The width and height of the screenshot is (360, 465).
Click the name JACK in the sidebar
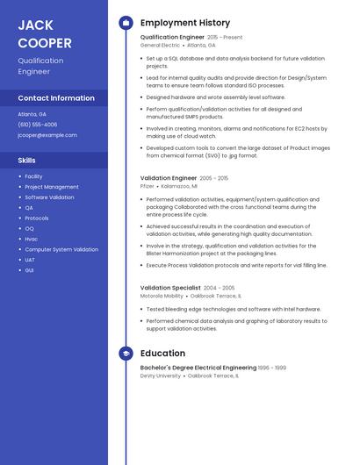35,25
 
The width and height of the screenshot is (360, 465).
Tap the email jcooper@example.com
47,135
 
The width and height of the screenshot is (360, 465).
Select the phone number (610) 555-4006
38,125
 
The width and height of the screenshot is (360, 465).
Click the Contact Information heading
56,98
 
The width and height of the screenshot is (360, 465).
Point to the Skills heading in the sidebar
27,161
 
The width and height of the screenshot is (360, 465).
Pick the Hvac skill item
31,239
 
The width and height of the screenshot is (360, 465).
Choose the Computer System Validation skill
61,249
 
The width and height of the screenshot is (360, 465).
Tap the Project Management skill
52,187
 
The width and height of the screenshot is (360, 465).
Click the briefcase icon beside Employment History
126,23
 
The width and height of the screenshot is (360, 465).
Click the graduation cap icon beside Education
126,354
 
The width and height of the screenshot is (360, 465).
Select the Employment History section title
185,23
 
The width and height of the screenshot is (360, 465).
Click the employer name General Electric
160,45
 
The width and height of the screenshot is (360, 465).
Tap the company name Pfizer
148,186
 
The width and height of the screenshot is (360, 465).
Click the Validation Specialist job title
170,288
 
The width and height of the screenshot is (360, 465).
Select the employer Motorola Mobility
162,296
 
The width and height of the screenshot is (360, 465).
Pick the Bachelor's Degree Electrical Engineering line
198,368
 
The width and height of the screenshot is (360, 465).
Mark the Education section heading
162,354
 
